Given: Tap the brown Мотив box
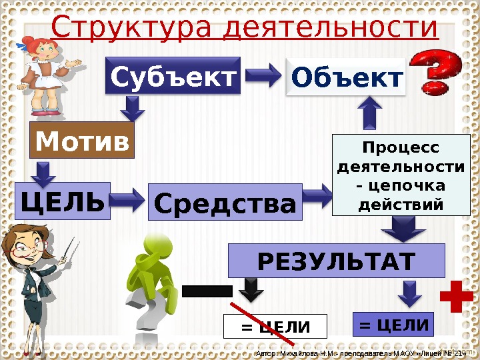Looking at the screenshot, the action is click(83, 141).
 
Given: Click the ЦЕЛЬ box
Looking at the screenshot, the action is click(62, 201).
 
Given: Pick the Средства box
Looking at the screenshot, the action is click(225, 202).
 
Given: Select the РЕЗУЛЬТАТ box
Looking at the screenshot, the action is click(336, 261).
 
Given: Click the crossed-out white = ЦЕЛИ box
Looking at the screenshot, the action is click(275, 327).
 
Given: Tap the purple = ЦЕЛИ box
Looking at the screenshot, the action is click(393, 325).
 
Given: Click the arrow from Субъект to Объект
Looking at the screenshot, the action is click(265, 75).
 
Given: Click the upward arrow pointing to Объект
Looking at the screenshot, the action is click(370, 113).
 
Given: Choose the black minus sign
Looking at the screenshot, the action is click(207, 291).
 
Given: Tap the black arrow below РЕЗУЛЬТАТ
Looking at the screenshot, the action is click(251, 289).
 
